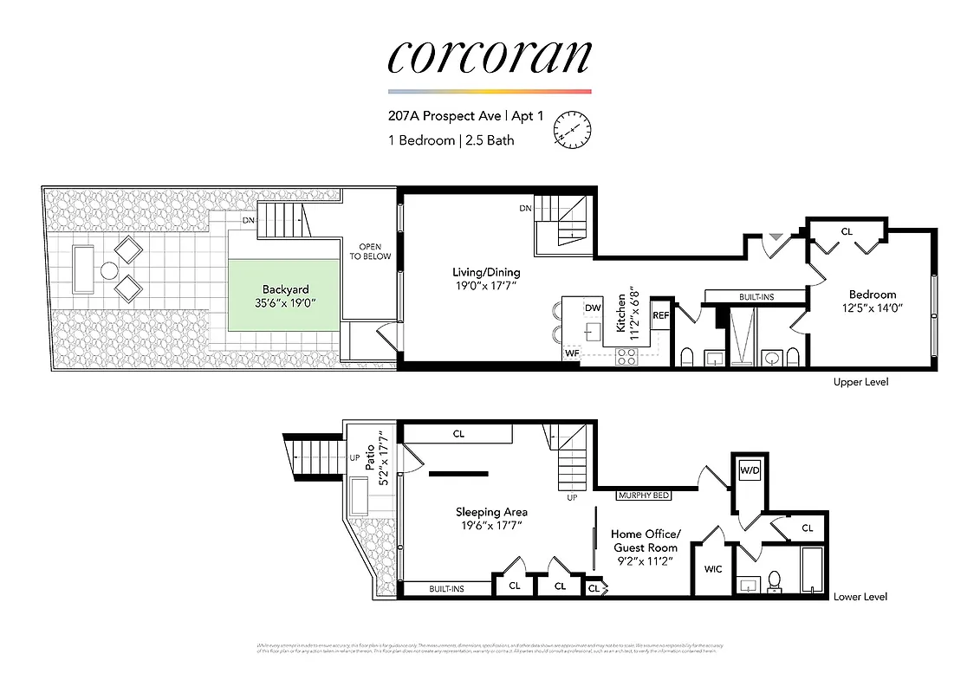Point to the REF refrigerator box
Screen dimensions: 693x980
click(x=661, y=315)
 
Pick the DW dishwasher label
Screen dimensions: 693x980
click(x=593, y=308)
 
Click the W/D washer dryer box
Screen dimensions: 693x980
click(x=749, y=471)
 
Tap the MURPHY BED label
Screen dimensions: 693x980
click(x=644, y=495)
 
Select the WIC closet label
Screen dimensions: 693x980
click(x=712, y=569)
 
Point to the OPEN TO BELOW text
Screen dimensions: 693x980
click(x=370, y=250)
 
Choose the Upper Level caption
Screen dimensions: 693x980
click(x=860, y=381)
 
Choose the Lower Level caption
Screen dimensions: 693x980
click(x=860, y=596)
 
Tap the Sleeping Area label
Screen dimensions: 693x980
click(x=491, y=518)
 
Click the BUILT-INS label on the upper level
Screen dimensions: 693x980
click(x=756, y=297)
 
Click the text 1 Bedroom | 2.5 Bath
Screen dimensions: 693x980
click(x=451, y=139)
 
